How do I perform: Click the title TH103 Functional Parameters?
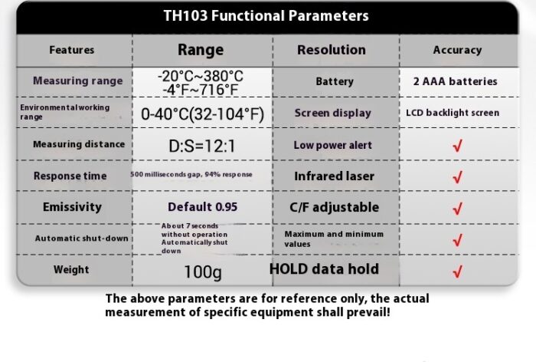tap(266, 16)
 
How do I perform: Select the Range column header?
tap(201, 50)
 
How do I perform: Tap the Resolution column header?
tap(332, 50)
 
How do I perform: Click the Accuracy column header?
tap(457, 50)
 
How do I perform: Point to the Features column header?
tap(72, 50)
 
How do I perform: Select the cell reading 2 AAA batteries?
tap(455, 81)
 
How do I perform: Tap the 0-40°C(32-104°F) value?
tap(202, 114)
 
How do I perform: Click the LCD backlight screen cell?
tap(453, 113)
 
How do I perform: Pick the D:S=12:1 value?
tap(202, 146)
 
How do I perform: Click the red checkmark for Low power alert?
tap(457, 146)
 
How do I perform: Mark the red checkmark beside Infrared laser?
tap(457, 176)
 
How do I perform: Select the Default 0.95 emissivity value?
tap(202, 207)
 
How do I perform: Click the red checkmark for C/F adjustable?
tap(457, 209)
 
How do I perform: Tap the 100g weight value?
tap(203, 272)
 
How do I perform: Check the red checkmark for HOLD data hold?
tap(457, 271)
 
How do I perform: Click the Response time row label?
tap(70, 176)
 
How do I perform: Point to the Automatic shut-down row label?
tap(81, 239)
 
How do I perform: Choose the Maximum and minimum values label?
tap(334, 239)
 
